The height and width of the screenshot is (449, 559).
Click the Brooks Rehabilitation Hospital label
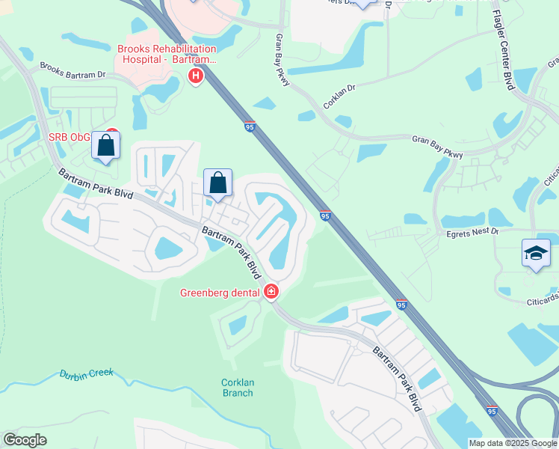point(167,54)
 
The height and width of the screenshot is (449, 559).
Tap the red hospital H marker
point(196,76)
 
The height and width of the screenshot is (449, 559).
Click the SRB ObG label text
point(70,137)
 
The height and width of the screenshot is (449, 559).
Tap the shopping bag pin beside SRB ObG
point(106,145)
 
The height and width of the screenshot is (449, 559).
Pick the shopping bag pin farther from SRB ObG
point(217,183)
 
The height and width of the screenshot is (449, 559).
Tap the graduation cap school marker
point(537,254)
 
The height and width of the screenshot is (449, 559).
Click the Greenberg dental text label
point(220,292)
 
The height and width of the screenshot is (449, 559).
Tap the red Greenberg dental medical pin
point(272,292)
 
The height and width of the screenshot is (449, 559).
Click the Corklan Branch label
point(238,388)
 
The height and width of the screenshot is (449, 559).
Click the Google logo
point(25,440)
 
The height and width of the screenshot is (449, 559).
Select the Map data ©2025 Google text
point(512,443)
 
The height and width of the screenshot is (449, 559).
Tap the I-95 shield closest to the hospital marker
point(250,127)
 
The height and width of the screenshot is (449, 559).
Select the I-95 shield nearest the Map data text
point(492,411)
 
